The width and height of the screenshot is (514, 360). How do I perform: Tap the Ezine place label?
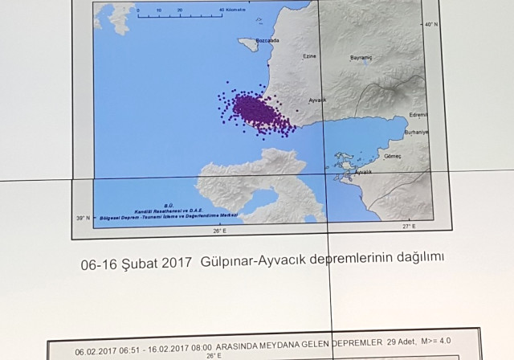[x=309, y=56]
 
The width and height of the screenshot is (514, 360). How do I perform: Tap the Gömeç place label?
[x=393, y=155]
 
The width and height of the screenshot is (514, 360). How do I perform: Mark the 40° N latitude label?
[x=430, y=25]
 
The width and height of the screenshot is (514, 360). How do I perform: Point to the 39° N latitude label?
[x=83, y=218]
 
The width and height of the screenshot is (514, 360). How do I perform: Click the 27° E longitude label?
[x=409, y=228]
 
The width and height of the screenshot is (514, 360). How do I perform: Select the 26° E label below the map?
[x=218, y=231]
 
